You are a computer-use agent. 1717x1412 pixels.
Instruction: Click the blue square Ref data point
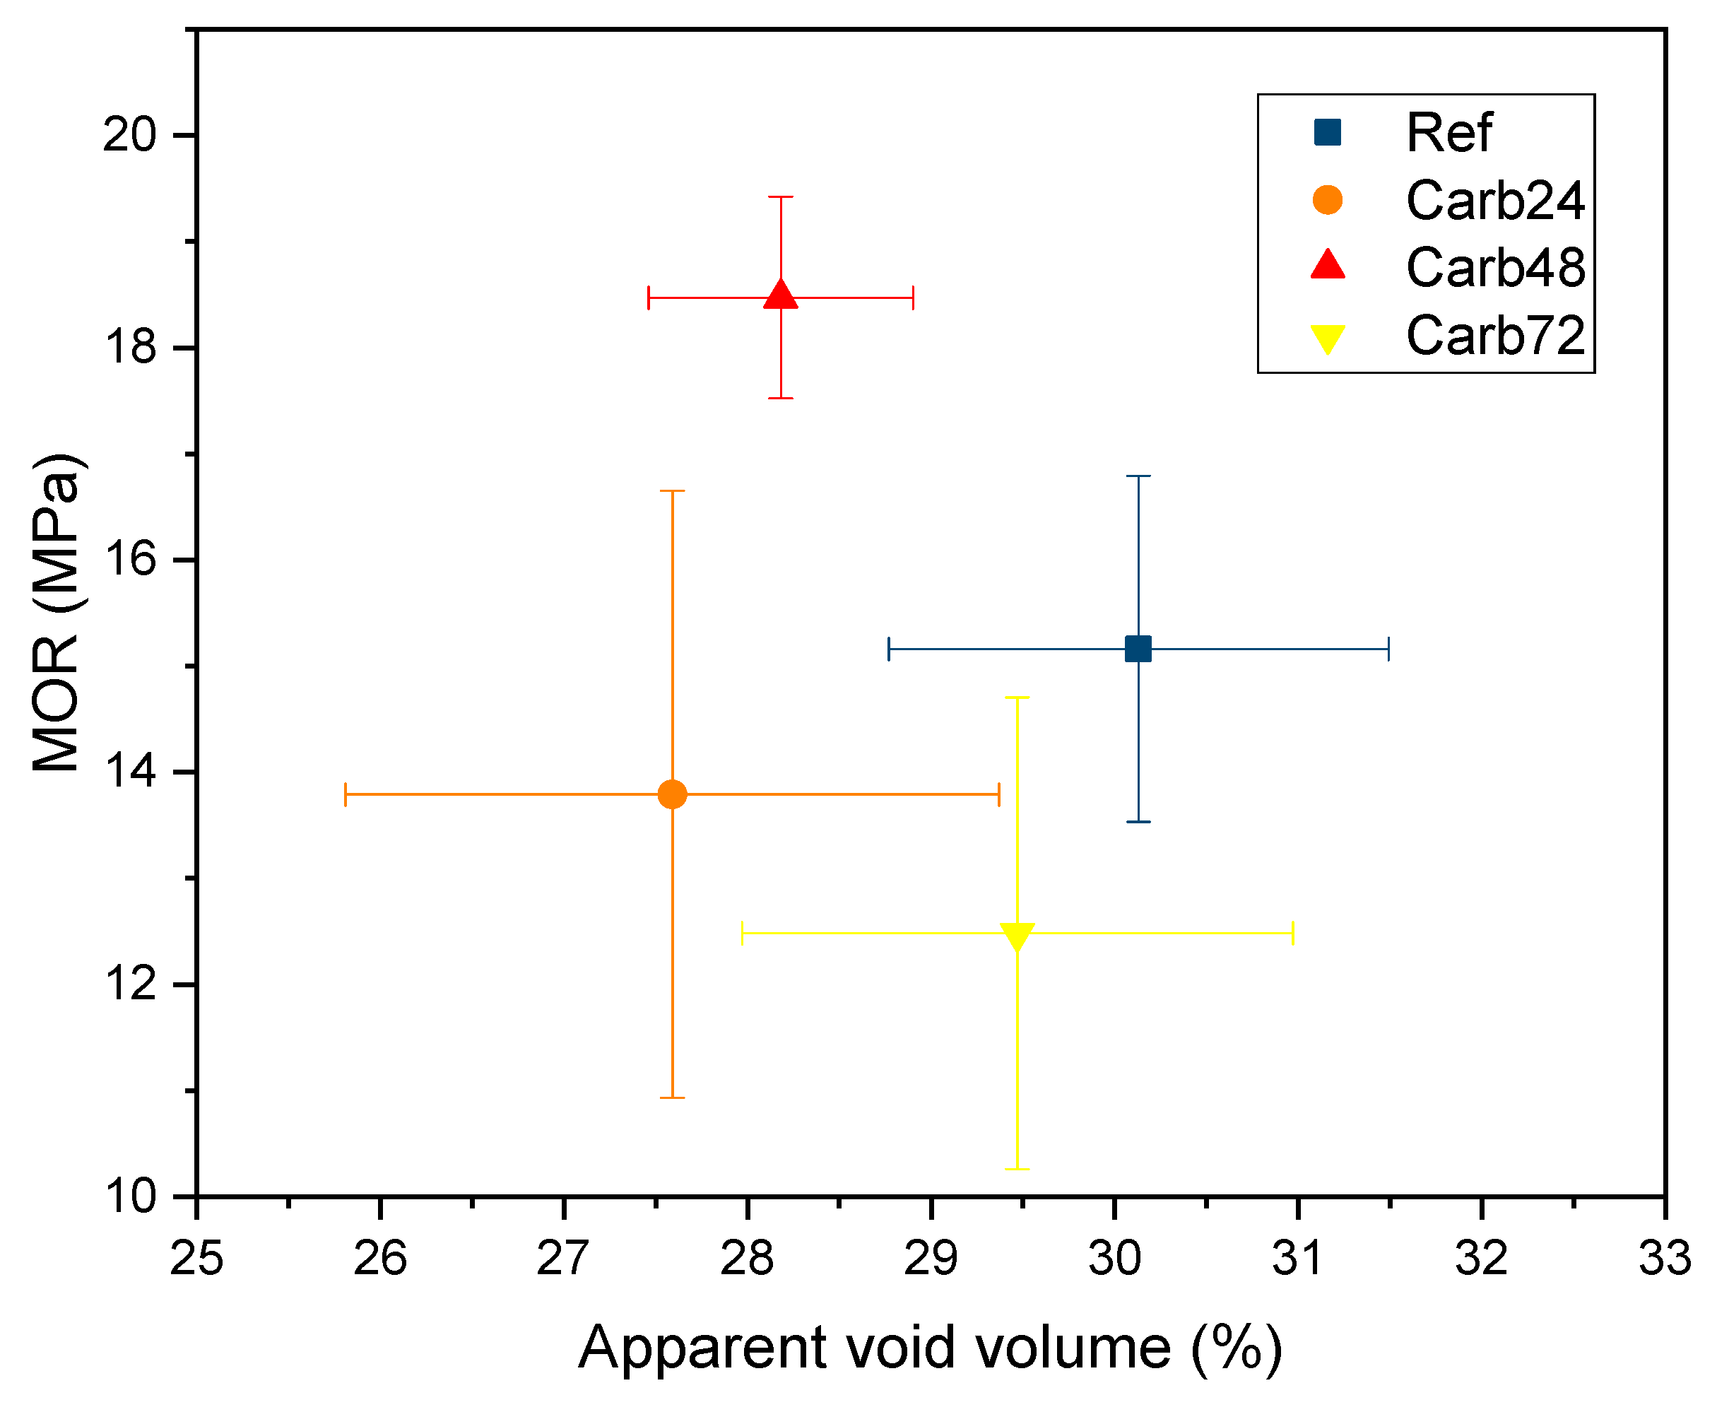point(1137,648)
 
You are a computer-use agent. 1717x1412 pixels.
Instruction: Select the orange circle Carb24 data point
point(672,793)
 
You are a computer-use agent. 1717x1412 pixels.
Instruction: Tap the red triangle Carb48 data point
point(780,295)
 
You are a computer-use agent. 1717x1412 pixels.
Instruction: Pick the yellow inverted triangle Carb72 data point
point(1017,936)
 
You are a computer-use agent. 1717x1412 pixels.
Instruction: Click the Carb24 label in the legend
point(1494,200)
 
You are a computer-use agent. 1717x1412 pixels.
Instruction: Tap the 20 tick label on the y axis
point(129,134)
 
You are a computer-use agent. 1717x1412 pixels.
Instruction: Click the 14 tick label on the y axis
point(129,771)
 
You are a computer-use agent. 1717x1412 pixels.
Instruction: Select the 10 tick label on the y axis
point(129,1196)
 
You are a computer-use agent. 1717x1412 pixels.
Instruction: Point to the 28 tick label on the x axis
point(747,1258)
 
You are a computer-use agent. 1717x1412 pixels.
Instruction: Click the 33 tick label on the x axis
point(1664,1258)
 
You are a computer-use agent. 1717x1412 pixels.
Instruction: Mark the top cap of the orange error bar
point(672,491)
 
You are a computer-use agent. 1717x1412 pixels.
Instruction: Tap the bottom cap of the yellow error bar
point(1017,1169)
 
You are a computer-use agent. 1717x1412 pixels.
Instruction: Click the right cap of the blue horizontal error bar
point(1388,648)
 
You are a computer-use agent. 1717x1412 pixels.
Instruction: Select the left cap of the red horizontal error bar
point(648,298)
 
